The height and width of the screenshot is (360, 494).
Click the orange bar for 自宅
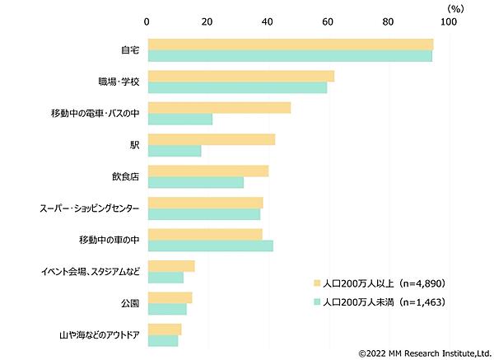point(290,44)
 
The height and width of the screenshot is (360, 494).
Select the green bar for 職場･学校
point(237,87)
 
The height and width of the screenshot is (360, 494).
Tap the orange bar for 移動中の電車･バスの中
point(219,107)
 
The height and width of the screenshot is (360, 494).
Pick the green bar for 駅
point(174,151)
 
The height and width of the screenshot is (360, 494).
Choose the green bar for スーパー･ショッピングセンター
point(203,214)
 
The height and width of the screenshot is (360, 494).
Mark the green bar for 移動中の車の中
point(210,245)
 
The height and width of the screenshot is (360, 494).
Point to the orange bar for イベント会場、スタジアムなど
point(170,265)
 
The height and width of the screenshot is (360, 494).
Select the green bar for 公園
point(166,309)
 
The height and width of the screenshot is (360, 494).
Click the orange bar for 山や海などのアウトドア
point(164,330)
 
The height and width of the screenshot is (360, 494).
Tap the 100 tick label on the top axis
point(449,21)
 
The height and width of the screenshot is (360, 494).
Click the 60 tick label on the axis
point(328,21)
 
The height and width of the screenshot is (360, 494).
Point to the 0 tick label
point(147,21)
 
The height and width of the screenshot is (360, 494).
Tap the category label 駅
point(134,145)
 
